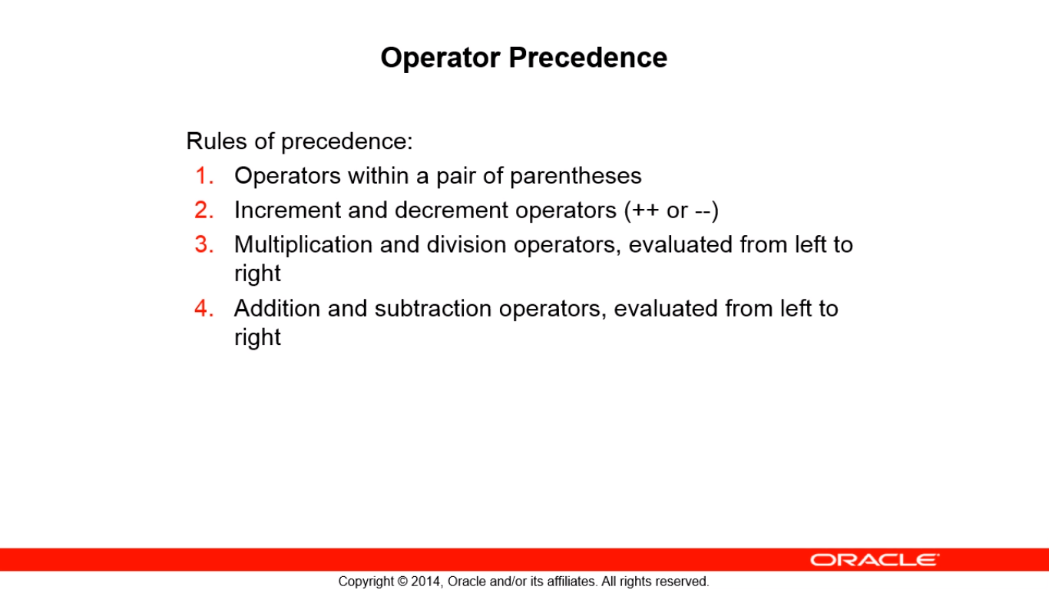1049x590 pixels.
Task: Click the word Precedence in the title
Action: [587, 58]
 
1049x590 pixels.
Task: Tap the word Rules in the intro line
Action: [217, 141]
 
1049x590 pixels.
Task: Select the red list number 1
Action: [204, 176]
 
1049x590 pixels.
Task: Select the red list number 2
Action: [204, 210]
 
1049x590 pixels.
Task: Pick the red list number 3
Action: [204, 244]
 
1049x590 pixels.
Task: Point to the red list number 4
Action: [204, 308]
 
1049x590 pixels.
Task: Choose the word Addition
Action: [277, 308]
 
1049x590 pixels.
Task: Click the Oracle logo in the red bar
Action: [875, 559]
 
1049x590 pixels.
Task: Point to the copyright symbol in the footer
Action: [402, 582]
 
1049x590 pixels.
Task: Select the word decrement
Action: [452, 210]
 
